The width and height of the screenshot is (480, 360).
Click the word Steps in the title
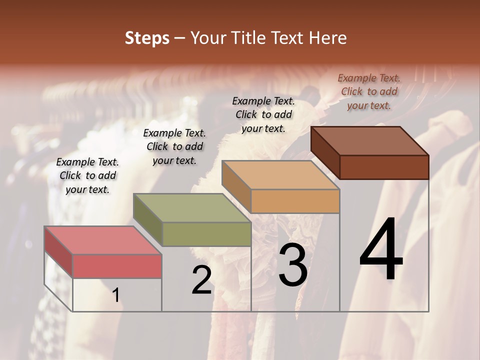[x=147, y=38]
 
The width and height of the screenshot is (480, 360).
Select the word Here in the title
[x=326, y=38]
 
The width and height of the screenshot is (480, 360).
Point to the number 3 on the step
[x=293, y=265]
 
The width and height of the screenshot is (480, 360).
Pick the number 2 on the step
[x=201, y=280]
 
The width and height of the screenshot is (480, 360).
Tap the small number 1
[x=116, y=295]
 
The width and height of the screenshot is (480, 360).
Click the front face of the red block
[x=117, y=266]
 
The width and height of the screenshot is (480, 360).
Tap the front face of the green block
[x=206, y=234]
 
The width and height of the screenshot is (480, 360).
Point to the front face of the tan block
[x=295, y=201]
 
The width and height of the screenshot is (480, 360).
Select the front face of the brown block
[x=384, y=167]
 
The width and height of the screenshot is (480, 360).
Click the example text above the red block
[x=87, y=175]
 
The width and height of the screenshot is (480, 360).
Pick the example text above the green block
[x=174, y=146]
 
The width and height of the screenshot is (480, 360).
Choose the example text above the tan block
[x=263, y=114]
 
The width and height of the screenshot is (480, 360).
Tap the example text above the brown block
[x=369, y=91]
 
